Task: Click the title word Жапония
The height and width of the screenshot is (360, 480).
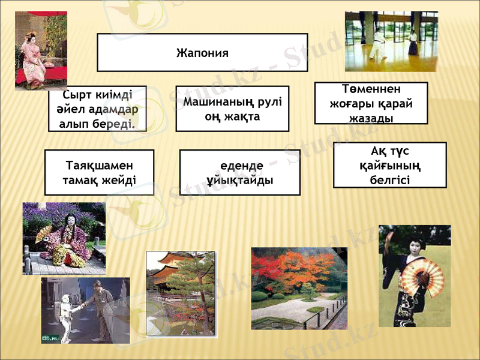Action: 202,53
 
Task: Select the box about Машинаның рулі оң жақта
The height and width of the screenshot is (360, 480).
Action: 232,109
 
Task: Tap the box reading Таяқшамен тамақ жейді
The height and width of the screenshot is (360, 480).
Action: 99,172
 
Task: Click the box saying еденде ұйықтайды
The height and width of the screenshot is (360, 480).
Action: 239,172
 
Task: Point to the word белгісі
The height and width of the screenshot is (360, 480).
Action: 390,179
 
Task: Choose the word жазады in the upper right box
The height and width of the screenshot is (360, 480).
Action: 371,118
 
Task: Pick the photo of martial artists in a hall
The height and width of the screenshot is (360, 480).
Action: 391,41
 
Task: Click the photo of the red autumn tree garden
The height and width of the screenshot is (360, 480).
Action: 298,288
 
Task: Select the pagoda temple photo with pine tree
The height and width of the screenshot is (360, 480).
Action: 180,293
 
